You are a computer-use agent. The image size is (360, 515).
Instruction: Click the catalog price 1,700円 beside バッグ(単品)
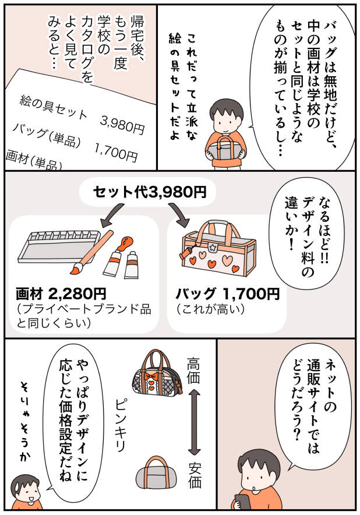click(x=116, y=152)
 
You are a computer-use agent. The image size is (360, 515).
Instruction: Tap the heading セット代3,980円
click(x=150, y=192)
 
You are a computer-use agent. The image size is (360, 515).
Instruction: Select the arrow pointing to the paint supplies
click(x=112, y=215)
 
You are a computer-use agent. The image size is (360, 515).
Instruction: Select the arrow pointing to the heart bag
click(x=179, y=215)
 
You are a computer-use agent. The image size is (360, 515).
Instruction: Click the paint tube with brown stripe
click(x=132, y=265)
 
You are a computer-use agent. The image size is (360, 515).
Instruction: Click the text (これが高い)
click(x=210, y=309)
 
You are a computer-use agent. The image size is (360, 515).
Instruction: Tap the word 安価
click(x=195, y=475)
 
